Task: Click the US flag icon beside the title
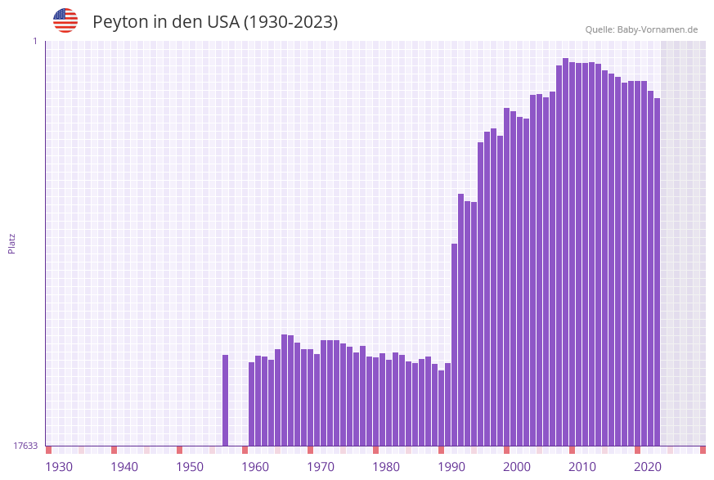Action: (65, 20)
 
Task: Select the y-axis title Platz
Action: (12, 243)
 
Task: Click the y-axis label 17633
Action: (25, 446)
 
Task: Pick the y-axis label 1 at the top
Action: (34, 41)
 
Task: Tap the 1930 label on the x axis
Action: (59, 467)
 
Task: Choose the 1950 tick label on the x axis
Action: (190, 467)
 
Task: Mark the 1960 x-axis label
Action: (255, 467)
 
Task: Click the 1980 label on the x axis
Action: (386, 467)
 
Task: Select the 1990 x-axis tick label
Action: (451, 467)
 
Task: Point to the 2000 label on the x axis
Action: (517, 467)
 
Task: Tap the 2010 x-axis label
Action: (582, 467)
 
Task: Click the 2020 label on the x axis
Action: (648, 467)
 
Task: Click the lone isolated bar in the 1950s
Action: (226, 400)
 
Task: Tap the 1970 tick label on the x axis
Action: (321, 467)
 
